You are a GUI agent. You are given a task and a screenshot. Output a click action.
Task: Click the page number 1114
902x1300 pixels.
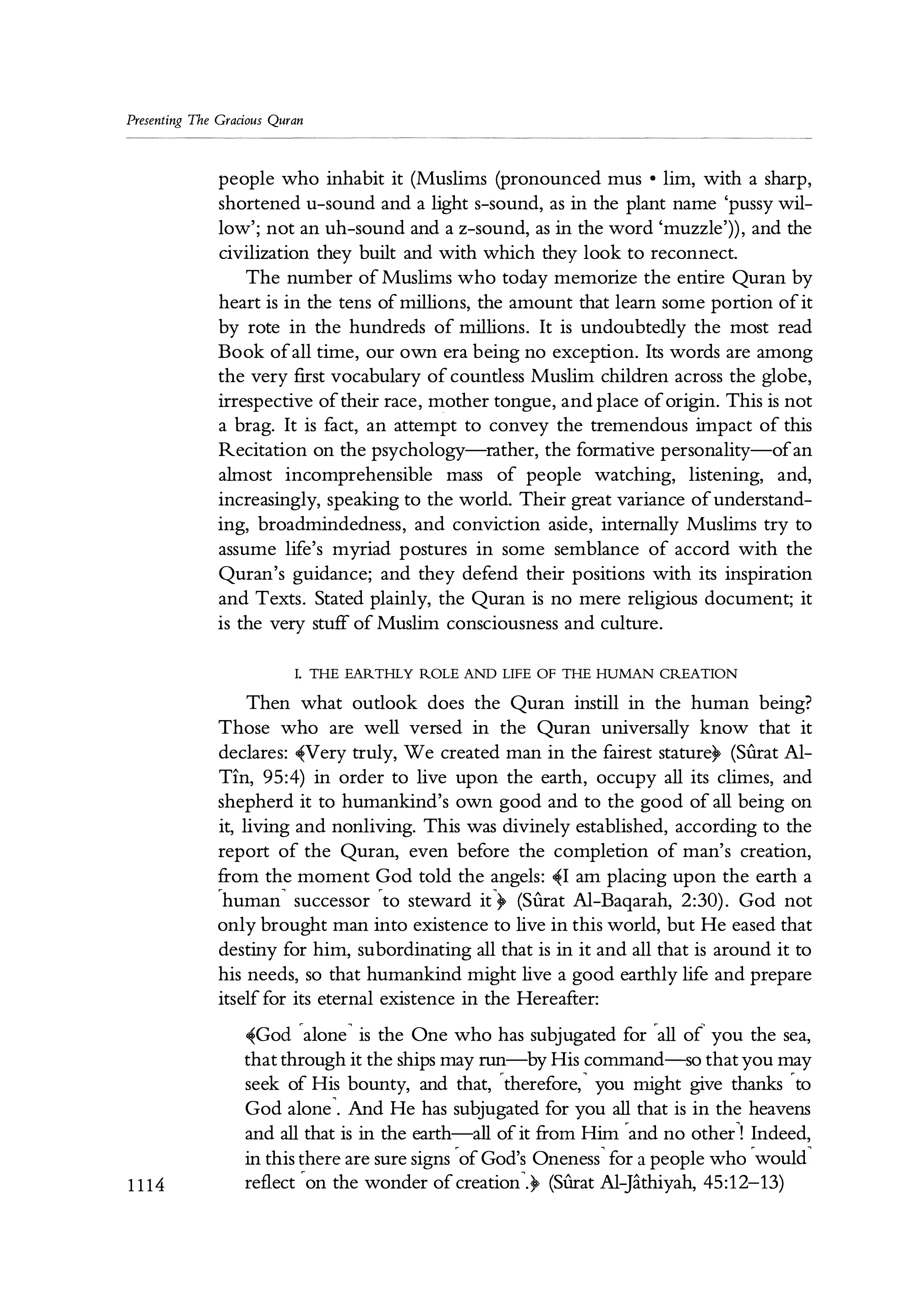pos(145,1184)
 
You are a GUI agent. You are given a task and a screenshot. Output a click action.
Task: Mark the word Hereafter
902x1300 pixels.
pos(556,999)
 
